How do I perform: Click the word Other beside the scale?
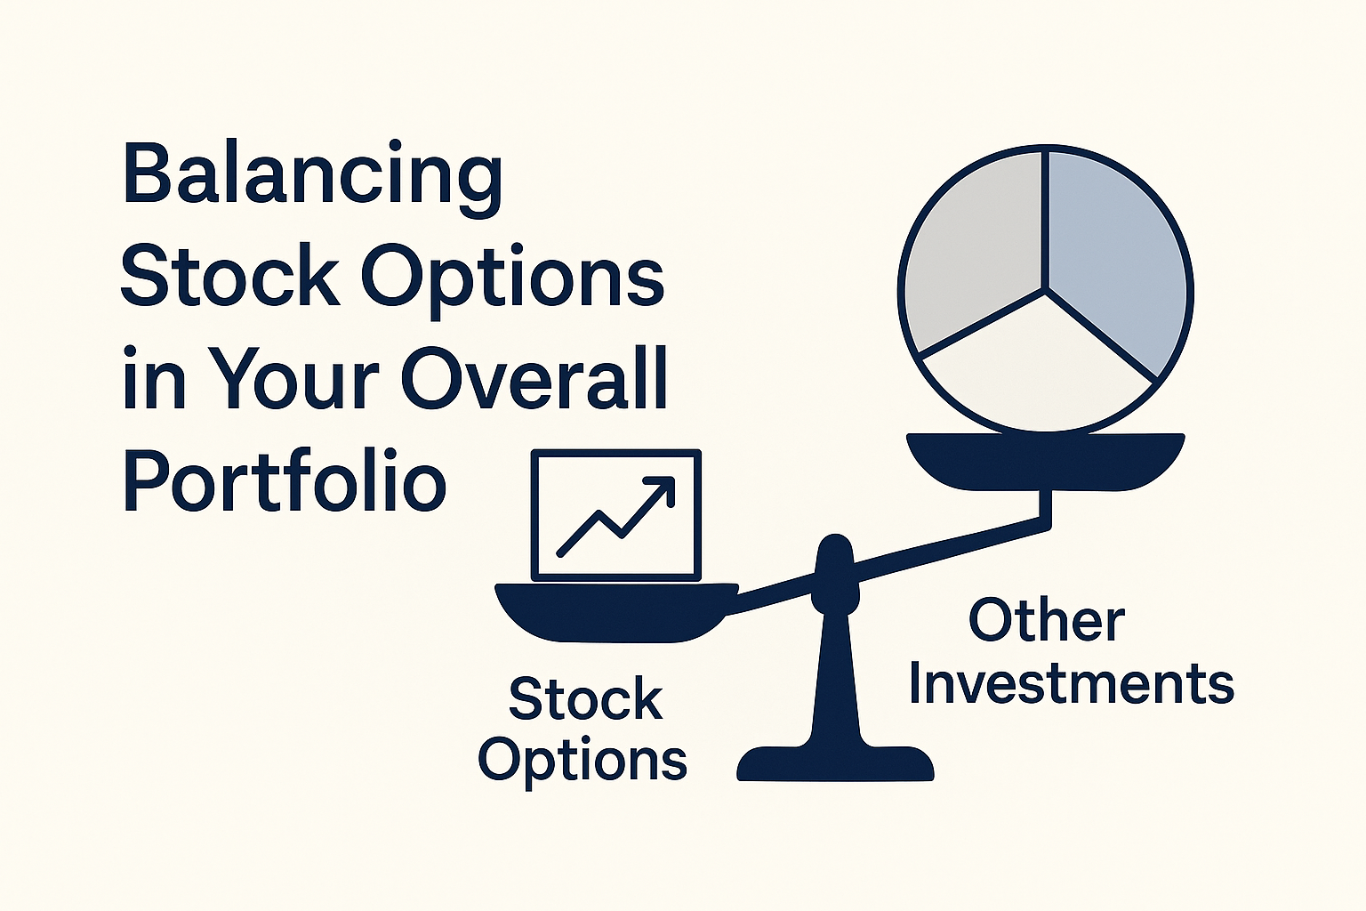(x=1047, y=620)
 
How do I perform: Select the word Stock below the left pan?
(x=585, y=698)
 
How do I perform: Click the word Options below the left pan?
(x=583, y=762)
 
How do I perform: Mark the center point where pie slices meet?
(x=1047, y=291)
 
